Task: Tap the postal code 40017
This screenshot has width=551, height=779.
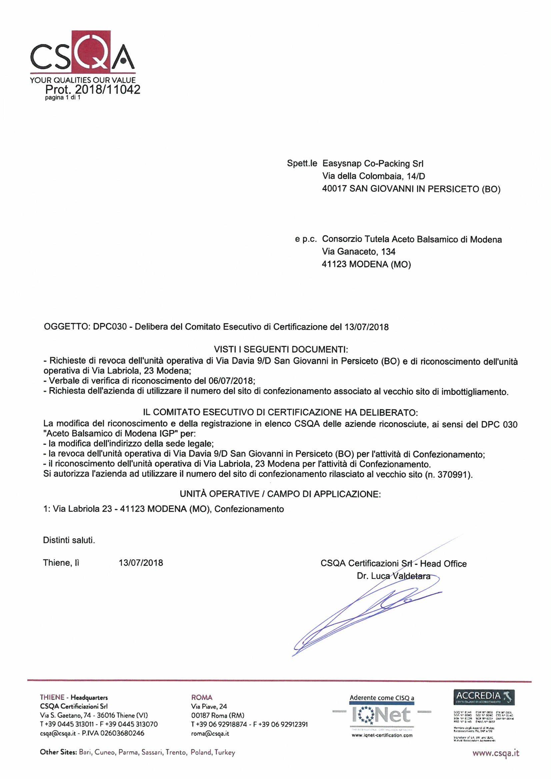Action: click(x=334, y=189)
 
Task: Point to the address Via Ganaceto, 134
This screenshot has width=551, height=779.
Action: click(x=359, y=252)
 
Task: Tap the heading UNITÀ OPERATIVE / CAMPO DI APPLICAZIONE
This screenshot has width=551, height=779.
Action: click(x=280, y=494)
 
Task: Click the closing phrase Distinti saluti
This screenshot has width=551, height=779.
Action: click(x=69, y=540)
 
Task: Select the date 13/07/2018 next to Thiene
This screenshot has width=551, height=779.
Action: click(x=141, y=563)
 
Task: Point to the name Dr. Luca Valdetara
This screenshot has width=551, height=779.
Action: click(x=394, y=576)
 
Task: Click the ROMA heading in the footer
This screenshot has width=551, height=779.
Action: click(x=202, y=698)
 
